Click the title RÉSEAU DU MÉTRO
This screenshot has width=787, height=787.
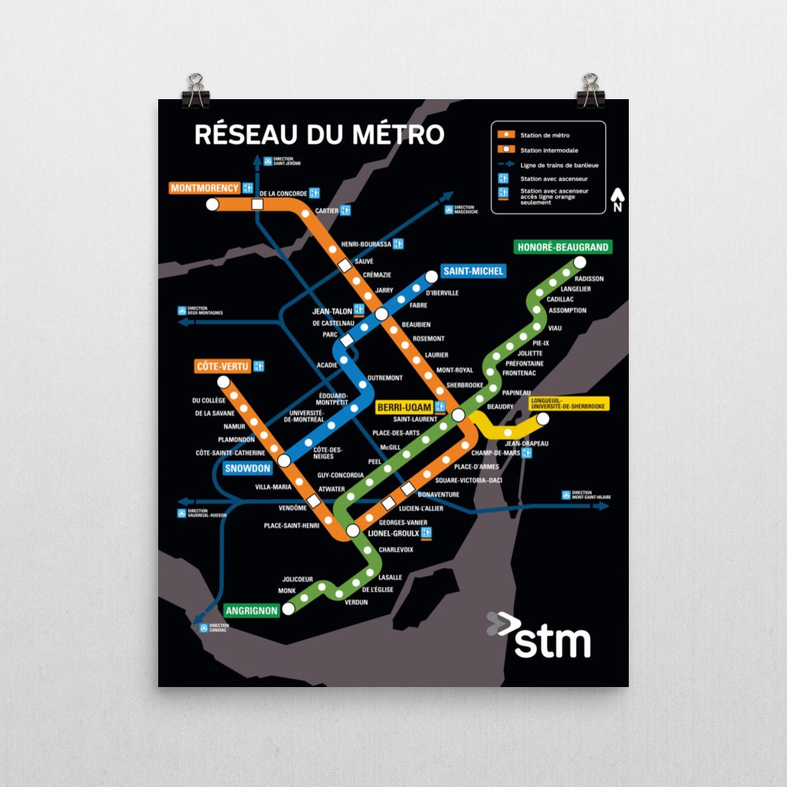click(319, 135)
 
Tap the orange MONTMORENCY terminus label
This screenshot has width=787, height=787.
click(205, 188)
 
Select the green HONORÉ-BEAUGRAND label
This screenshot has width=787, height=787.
click(562, 247)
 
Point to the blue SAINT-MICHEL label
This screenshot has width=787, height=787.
click(472, 272)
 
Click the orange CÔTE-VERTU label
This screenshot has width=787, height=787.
click(223, 366)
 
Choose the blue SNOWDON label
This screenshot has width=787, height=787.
click(247, 468)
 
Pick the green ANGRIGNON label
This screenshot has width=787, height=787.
click(252, 610)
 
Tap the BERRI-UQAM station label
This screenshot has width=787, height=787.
click(405, 407)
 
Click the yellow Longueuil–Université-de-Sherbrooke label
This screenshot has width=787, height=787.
click(567, 404)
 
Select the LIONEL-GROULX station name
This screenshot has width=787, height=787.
click(393, 534)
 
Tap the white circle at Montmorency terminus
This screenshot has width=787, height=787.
click(212, 205)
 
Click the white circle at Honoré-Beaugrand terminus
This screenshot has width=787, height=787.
click(580, 262)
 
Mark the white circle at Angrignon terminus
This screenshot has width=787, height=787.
click(289, 608)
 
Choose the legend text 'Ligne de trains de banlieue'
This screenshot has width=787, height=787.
click(559, 165)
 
